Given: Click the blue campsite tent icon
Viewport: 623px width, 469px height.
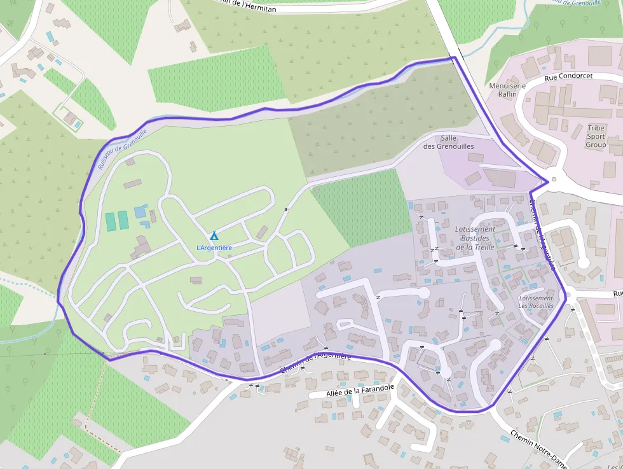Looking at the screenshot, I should tap(214, 236).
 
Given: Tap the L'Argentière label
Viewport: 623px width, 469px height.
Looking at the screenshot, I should tap(214, 248).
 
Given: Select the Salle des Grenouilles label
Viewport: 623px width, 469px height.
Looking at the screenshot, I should tap(449, 142).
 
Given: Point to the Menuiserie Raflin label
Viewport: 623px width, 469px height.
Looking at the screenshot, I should tap(507, 90).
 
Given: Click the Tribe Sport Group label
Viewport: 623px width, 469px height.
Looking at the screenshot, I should tap(596, 136).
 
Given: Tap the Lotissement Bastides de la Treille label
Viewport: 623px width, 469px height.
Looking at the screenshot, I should tap(475, 238).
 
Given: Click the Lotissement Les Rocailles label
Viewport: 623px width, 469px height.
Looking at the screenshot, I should tap(536, 302).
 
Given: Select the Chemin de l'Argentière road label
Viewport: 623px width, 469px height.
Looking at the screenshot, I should tap(315, 363).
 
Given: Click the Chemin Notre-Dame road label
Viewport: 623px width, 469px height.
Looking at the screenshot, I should tap(537, 451).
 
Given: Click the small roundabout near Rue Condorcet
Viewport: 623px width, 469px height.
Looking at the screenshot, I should tap(554, 179).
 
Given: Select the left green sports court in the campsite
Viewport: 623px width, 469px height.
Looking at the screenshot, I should tap(111, 221).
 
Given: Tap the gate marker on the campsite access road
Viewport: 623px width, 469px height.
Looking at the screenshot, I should tap(287, 209).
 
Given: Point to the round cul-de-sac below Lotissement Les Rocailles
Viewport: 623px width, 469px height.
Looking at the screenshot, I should tap(495, 344).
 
